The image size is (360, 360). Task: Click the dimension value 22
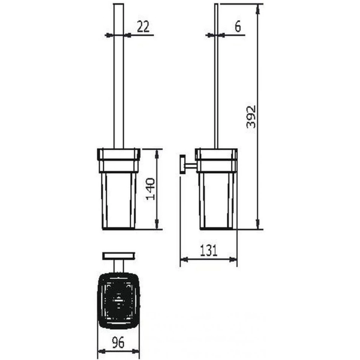pos(143,26)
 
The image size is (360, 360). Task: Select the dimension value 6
pos(238,26)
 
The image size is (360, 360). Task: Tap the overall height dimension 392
pos(251,117)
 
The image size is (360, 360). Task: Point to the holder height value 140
pos(151,189)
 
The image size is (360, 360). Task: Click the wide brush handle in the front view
pos(119,76)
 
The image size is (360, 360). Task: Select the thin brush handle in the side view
pos(216,76)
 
